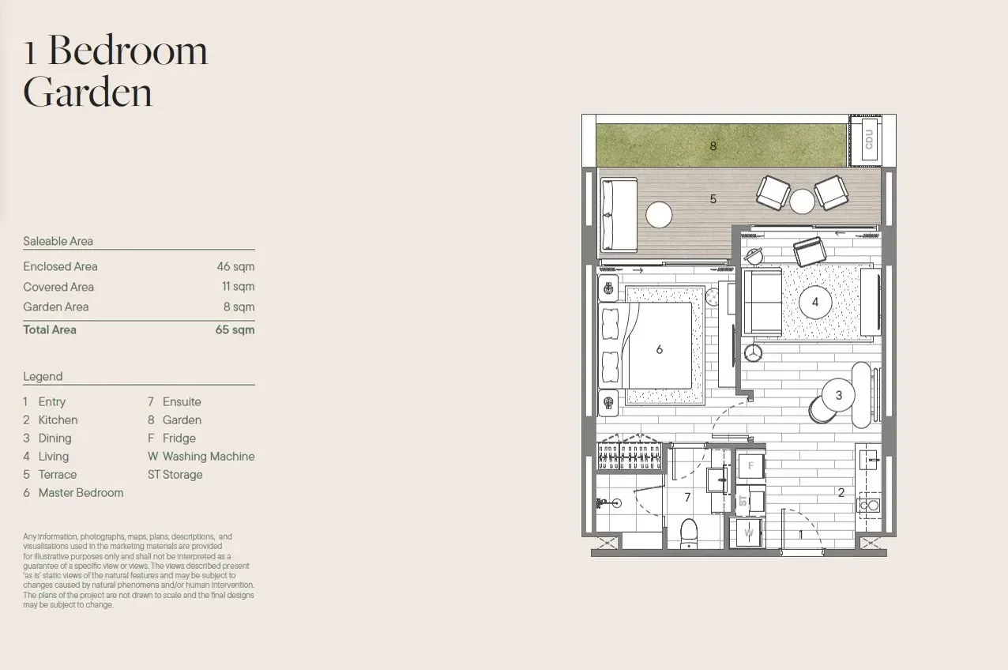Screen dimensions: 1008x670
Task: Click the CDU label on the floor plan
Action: tap(869, 140)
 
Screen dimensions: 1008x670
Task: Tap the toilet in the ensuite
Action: tap(689, 533)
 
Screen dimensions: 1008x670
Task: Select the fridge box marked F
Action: tap(750, 465)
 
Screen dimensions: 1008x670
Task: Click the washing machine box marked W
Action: tap(748, 533)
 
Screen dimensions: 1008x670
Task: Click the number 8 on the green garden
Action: tap(713, 146)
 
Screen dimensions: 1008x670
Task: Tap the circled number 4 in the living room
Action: tap(815, 303)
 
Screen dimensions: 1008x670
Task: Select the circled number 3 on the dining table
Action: tap(838, 395)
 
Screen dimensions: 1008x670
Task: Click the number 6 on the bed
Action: tap(660, 349)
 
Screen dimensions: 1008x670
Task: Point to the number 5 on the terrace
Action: tap(713, 199)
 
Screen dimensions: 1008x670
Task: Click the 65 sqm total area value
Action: tap(235, 329)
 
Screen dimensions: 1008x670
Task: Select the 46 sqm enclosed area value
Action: tap(235, 266)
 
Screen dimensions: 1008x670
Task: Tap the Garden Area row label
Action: tap(56, 307)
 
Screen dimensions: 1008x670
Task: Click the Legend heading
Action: tap(43, 376)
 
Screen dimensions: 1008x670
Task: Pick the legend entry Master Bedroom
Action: tap(81, 493)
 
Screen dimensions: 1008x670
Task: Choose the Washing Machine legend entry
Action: tap(209, 456)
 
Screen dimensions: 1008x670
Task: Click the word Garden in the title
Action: tap(88, 92)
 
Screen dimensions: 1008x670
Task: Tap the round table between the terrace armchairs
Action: tap(802, 201)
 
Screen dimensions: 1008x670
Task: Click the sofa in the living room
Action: tap(762, 303)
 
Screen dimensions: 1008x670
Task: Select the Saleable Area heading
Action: tap(58, 241)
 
